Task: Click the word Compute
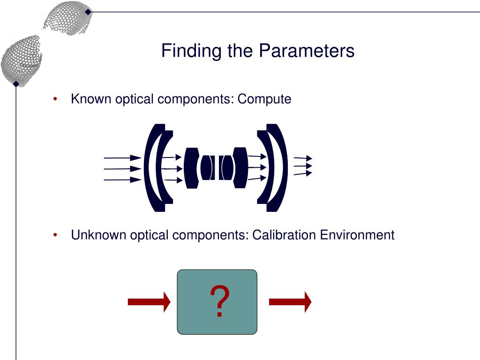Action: pyautogui.click(x=264, y=99)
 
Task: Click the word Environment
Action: pyautogui.click(x=357, y=235)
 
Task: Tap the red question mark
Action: pyautogui.click(x=219, y=302)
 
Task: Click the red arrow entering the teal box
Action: pyautogui.click(x=149, y=302)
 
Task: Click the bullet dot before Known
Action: pyautogui.click(x=55, y=99)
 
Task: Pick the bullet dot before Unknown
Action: pyautogui.click(x=55, y=234)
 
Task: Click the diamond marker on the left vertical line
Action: pyautogui.click(x=16, y=84)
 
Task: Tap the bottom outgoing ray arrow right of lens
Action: pyautogui.click(x=303, y=173)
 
